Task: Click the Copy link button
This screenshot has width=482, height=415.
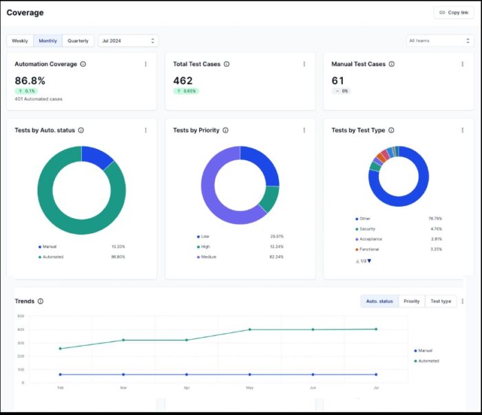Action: coord(453,12)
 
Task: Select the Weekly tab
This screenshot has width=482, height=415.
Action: coord(20,41)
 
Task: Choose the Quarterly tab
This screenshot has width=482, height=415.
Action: coord(78,41)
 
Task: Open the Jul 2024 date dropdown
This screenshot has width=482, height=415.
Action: coord(128,41)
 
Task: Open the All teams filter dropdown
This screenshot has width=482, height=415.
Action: coord(439,41)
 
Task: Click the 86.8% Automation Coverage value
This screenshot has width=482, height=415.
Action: coord(30,80)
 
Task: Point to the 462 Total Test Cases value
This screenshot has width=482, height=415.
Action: coord(183,80)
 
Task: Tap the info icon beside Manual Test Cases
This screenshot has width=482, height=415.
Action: coord(392,64)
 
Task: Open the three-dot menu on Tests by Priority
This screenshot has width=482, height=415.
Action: coord(304,130)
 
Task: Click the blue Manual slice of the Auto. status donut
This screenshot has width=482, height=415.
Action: coord(96,157)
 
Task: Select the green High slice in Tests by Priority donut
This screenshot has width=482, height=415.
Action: coord(269,199)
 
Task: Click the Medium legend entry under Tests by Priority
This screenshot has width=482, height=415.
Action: coord(209,256)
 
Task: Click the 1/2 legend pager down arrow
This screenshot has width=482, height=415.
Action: coord(369,261)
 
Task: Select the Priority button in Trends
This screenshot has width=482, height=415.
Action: coord(411,301)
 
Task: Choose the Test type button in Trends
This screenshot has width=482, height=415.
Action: coord(441,301)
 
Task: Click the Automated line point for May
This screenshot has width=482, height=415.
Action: coord(249,330)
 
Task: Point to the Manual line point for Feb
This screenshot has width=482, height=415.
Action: coord(60,374)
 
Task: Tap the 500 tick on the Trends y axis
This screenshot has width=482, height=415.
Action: coord(21,316)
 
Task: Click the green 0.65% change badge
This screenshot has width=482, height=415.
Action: coord(186,91)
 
